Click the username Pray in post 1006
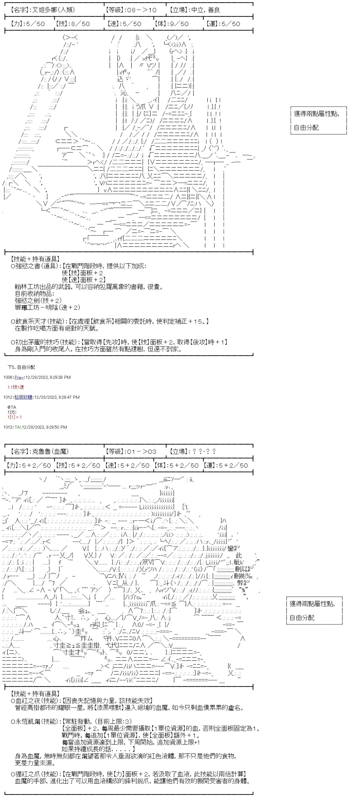[19, 377]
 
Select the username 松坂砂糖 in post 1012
[23, 397]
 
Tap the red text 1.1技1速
[16, 387]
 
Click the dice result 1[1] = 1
[15, 417]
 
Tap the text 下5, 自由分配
[21, 367]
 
